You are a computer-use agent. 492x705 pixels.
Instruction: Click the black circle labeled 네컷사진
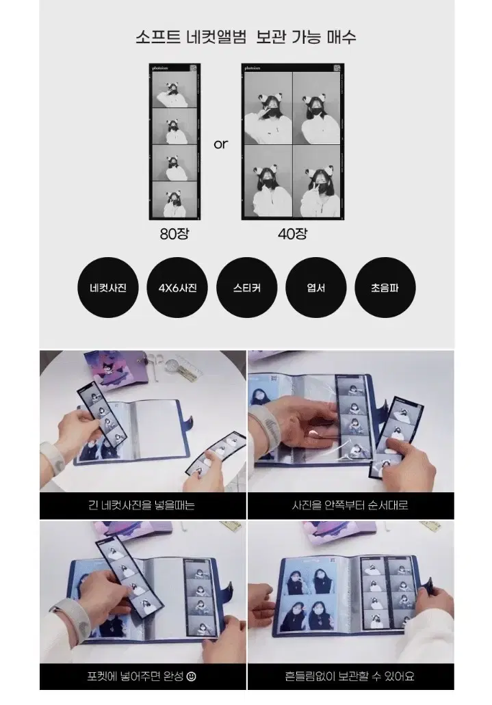coord(108,288)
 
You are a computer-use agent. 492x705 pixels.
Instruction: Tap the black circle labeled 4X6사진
coord(177,288)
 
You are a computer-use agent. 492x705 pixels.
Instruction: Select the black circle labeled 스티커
coord(246,288)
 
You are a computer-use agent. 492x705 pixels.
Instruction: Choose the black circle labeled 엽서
coord(316,288)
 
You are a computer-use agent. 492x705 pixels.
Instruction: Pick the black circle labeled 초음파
coord(385,288)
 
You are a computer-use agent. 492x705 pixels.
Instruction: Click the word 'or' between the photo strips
coord(220,144)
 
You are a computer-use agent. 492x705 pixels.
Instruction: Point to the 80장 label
coord(174,234)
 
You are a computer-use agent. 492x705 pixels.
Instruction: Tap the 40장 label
coord(293,234)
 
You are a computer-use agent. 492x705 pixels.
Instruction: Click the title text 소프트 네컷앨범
coord(191,37)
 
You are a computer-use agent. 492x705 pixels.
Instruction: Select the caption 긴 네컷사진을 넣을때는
coord(142,505)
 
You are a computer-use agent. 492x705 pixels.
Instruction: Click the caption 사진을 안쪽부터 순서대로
coord(350,505)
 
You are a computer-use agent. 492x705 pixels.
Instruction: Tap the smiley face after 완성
coord(192,676)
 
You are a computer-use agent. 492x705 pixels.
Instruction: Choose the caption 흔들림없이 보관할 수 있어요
coord(350,676)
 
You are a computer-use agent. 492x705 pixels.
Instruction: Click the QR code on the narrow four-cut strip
coord(193,68)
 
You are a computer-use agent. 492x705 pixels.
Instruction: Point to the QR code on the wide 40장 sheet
coord(337,68)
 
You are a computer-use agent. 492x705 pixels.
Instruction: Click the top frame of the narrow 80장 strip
coord(174,90)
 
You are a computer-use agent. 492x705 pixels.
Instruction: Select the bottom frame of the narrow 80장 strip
coord(174,200)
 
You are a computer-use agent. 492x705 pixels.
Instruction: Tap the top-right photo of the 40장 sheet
coord(316,108)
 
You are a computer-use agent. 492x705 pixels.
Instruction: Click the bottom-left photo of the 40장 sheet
coord(268,181)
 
